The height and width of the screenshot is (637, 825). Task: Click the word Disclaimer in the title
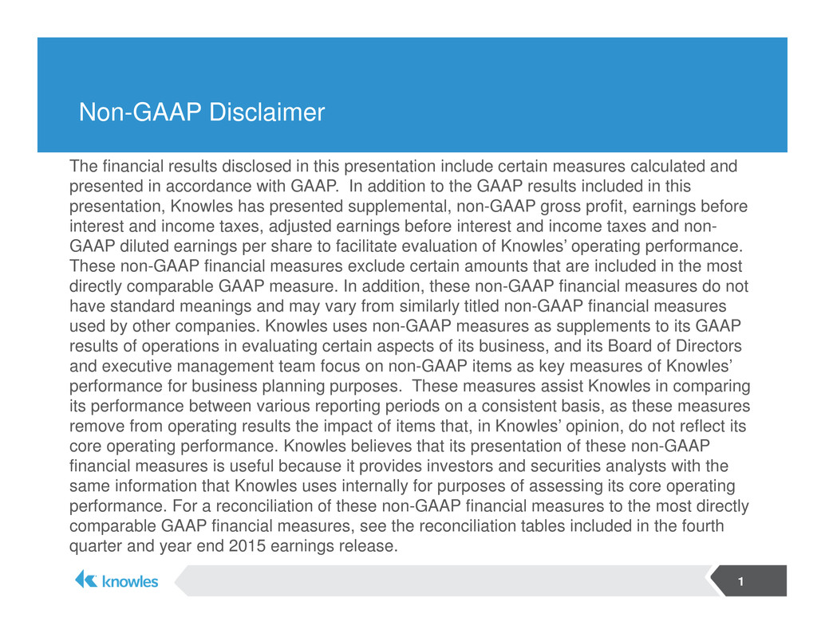tap(266, 112)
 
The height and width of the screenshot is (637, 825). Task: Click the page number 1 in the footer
tap(740, 581)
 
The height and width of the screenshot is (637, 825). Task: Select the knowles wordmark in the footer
tap(130, 581)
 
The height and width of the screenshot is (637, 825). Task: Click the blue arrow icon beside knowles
tap(85, 580)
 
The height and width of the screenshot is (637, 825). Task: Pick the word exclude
tap(376, 266)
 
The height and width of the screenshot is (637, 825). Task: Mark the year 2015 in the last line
tap(247, 545)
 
